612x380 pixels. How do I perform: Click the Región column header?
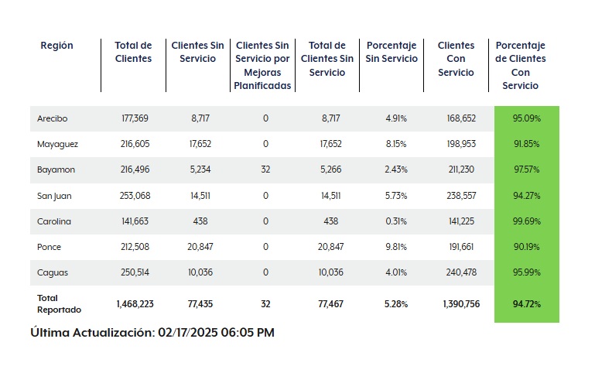point(56,46)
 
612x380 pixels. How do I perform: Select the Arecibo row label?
point(52,118)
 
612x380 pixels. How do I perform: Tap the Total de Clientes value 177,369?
point(134,118)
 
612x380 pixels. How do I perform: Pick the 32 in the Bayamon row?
point(265,169)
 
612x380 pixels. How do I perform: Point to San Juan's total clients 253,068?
point(134,195)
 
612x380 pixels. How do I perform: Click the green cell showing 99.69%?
point(526,221)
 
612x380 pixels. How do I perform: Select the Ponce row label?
point(48,247)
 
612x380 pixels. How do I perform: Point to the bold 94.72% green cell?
point(526,304)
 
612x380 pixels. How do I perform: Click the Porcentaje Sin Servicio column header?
point(391,52)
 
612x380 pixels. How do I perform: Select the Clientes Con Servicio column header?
point(456,59)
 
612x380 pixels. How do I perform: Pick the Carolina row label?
point(53,221)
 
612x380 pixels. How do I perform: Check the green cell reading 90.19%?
point(526,247)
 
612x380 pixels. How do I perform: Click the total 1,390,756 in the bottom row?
point(461,304)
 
